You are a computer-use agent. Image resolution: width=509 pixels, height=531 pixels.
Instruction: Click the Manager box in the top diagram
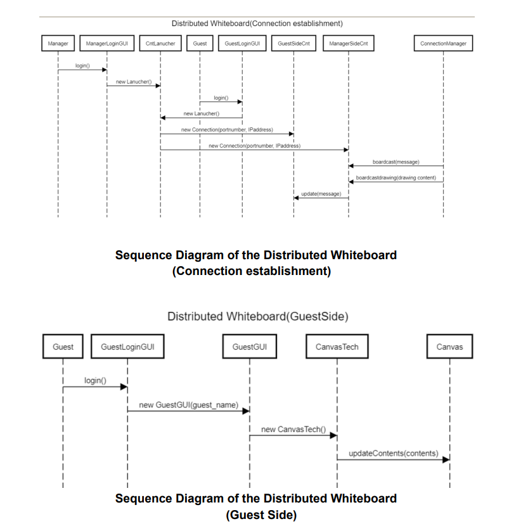pos(58,44)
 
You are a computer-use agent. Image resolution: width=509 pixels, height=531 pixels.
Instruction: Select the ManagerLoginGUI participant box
pos(106,44)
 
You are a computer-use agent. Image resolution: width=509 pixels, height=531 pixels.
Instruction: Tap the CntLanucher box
pos(160,44)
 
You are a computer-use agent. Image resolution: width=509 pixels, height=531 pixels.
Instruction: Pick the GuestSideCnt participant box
pos(293,44)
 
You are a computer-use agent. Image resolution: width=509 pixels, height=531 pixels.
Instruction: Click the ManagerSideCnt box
pos(349,44)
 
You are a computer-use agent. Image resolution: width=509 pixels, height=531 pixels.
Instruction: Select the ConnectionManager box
pos(443,44)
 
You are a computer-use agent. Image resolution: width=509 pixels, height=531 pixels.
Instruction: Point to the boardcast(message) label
pos(396,162)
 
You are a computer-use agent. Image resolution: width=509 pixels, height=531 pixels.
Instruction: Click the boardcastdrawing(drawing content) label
pos(396,177)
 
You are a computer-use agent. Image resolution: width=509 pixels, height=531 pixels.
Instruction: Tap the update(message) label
pos(321,193)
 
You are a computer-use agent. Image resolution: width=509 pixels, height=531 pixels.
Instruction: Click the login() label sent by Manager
pos(82,66)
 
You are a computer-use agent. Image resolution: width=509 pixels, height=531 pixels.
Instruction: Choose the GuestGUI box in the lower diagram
pos(249,347)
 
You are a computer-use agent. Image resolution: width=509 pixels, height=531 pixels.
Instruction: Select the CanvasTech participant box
pos(337,347)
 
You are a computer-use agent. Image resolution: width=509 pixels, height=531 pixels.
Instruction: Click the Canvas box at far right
pos(449,347)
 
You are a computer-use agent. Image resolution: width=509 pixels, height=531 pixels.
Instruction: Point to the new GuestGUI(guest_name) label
pos(188,404)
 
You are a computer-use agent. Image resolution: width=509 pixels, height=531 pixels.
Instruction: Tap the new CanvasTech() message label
pos(292,429)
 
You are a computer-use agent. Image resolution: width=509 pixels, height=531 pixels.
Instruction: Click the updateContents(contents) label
pos(393,453)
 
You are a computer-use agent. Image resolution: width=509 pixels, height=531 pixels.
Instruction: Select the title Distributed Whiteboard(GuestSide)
pos(257,316)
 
